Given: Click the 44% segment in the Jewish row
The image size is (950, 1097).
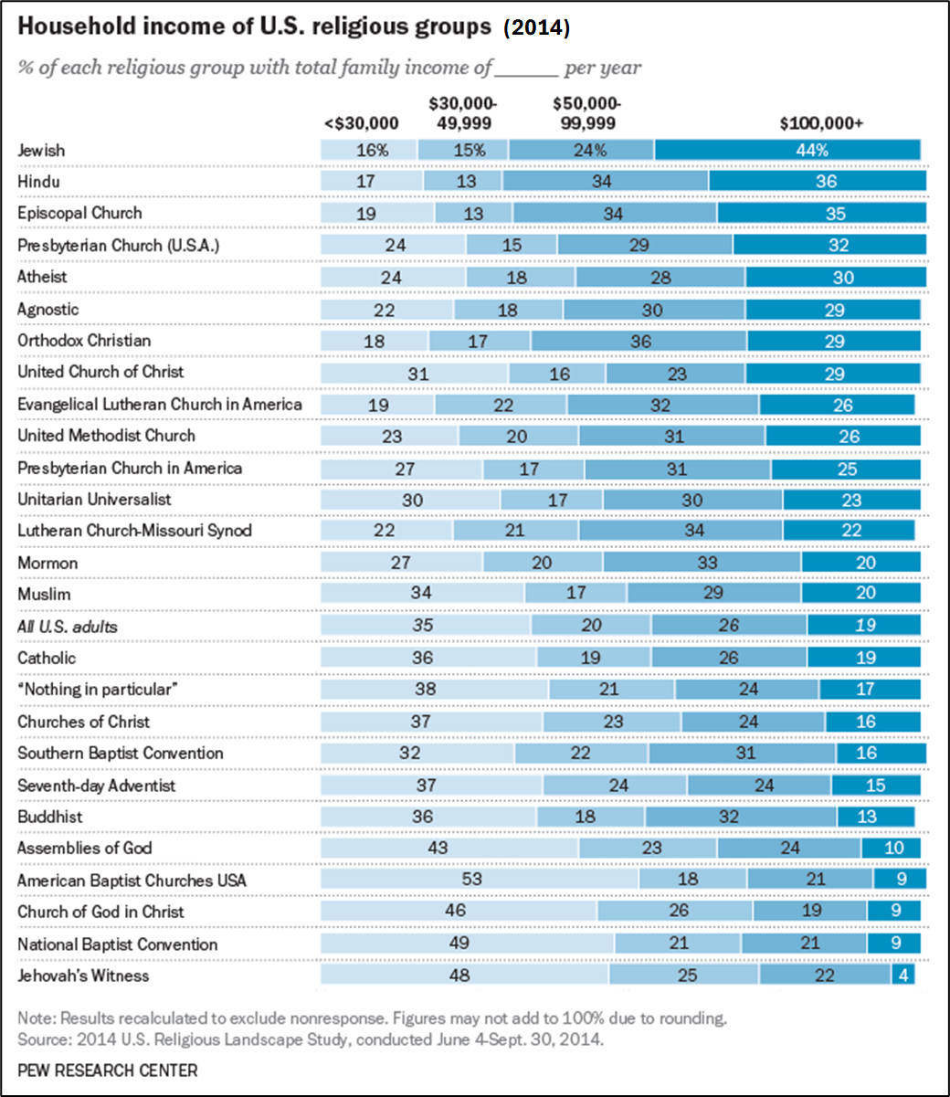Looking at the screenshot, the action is pos(787,150).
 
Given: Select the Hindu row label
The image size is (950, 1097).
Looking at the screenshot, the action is pos(38,182).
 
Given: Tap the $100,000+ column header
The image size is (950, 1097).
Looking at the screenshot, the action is pos(821,123).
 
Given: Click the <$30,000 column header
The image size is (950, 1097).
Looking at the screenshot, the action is pos(362,123).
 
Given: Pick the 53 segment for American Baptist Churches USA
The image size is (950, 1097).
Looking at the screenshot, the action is pos(480,879).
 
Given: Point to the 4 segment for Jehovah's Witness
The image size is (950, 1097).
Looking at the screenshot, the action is pos(902,975).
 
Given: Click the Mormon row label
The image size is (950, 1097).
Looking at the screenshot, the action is pos(47,563).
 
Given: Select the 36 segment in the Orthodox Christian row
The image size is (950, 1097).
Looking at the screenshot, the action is pos(639,341).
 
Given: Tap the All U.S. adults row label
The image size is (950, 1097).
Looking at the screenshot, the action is pos(68,627).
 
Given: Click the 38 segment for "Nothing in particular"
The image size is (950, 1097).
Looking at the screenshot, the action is pos(435,689).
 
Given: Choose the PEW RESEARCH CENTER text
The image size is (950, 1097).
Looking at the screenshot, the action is pos(108,1070).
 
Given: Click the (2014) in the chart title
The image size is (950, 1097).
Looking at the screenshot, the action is pos(536,27).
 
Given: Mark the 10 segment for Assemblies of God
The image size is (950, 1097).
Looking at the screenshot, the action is pos(892,848).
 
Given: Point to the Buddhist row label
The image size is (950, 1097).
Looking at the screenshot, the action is pos(50,817).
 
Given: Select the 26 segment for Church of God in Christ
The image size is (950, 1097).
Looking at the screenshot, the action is pos(675,911).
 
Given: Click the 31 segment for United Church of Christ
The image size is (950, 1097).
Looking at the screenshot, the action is pos(415,373).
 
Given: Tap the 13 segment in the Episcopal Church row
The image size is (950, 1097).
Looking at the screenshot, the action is pos(473,213).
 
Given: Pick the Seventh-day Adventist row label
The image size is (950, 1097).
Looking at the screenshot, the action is pos(96,786).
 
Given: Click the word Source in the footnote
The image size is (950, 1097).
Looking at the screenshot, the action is pos(42,1039).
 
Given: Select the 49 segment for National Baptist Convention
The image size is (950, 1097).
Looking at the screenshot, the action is pos(468,943).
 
